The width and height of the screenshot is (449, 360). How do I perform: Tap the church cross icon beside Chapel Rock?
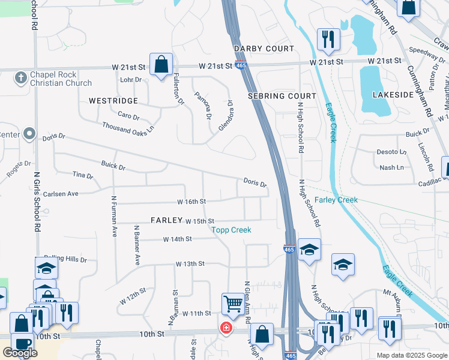pos(20,76)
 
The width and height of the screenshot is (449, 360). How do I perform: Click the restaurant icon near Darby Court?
pos(328,39)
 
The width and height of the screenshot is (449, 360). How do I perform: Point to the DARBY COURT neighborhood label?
pos(264,49)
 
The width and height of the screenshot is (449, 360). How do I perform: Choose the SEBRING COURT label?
pos(282,96)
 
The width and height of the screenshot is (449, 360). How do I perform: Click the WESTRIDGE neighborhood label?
pos(113,101)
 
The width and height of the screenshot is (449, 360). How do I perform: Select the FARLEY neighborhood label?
pos(166,220)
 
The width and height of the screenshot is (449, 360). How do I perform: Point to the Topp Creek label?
pos(231,230)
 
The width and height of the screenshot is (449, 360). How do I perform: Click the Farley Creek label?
pos(336,200)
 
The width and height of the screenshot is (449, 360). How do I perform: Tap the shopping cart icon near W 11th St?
pos(232,303)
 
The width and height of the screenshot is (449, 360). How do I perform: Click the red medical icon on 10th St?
pos(226,328)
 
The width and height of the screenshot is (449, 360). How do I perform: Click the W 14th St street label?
pos(177,239)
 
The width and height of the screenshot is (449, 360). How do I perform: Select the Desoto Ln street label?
pos(391,152)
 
